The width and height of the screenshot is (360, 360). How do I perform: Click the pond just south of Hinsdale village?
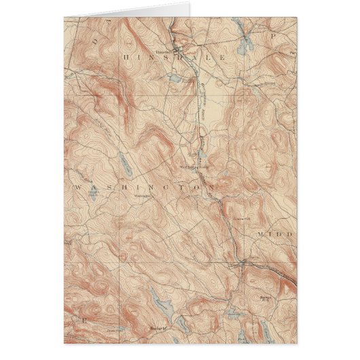point(172,79)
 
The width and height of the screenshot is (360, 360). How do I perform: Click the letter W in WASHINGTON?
point(77,185)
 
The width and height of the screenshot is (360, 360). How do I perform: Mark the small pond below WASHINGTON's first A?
point(96,194)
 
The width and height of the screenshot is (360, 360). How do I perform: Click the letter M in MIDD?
point(261,233)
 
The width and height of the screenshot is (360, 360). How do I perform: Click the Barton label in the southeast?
point(267,298)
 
